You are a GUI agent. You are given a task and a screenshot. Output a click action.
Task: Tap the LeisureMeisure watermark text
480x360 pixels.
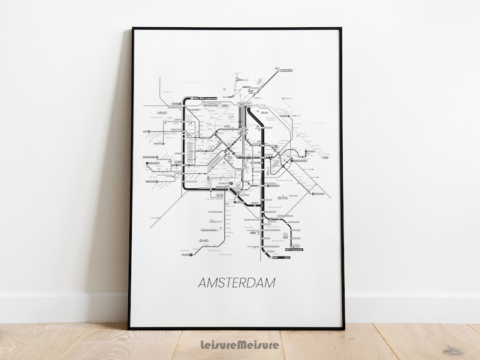tap(239, 345)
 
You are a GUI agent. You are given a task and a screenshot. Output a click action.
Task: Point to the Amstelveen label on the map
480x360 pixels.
tap(216, 213)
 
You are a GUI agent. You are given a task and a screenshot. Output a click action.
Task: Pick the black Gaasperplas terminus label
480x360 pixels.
tap(294, 248)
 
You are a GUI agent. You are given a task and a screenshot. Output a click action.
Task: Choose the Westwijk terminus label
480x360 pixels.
tap(186, 254)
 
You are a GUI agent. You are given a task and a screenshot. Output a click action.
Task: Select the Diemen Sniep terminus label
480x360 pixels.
tap(318, 194)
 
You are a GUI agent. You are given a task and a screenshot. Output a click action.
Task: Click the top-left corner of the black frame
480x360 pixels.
tap(133, 28)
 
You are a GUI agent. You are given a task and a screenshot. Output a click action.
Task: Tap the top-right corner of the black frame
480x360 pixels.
tap(342, 28)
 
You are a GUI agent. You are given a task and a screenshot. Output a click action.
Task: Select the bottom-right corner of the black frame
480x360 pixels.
tap(344, 329)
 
